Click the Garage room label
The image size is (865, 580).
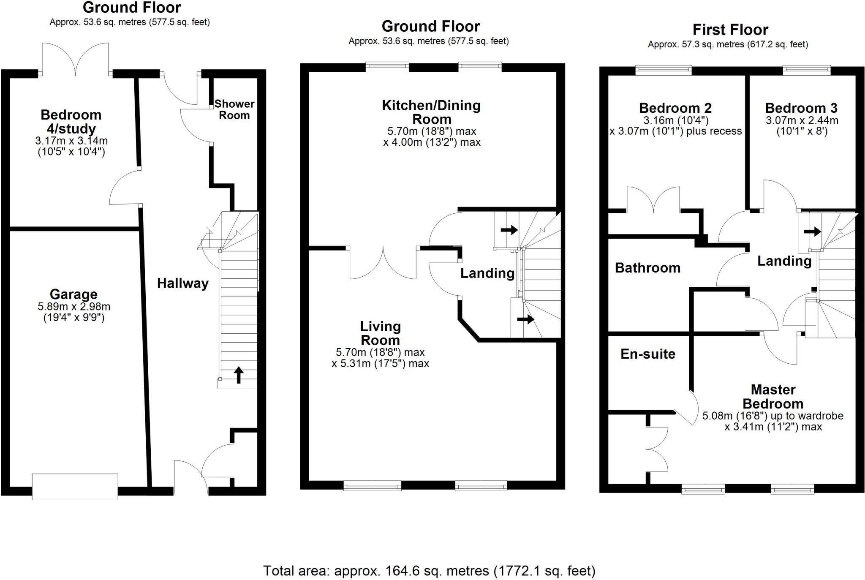(x=73, y=294)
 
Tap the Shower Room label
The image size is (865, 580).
(x=234, y=109)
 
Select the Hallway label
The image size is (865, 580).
(x=182, y=283)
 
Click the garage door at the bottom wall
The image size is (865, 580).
(x=75, y=487)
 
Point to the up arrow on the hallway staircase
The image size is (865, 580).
(x=239, y=375)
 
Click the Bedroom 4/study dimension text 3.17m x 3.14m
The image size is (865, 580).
(x=71, y=141)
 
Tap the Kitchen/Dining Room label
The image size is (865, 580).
(x=431, y=112)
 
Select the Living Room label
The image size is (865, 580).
(x=380, y=333)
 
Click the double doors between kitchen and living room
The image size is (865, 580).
(x=383, y=263)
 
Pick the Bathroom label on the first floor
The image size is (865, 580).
(x=647, y=268)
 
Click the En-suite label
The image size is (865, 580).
(x=647, y=354)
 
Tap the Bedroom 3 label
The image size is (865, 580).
(x=801, y=108)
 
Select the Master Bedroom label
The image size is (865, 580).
(x=773, y=396)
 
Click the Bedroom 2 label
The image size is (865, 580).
(x=675, y=108)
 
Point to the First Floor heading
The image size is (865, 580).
(x=730, y=30)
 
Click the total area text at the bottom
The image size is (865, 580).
(x=429, y=571)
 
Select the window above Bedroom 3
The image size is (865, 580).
(x=806, y=70)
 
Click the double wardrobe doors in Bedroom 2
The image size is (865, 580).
(x=653, y=199)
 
